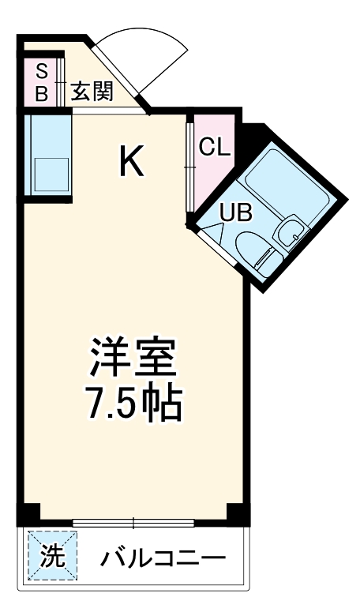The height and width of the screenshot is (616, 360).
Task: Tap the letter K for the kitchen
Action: pos(132,162)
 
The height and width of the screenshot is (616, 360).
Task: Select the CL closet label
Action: pos(214,147)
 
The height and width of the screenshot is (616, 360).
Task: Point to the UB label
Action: pos(234,212)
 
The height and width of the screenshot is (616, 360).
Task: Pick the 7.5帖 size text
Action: pos(133,404)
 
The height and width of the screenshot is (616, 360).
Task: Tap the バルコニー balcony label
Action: pos(163,559)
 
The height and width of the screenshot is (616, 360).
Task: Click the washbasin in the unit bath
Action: pos(289,231)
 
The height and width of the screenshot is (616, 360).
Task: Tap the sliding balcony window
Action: pos(133,522)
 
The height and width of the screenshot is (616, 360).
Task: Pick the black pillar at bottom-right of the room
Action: pos(238,513)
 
